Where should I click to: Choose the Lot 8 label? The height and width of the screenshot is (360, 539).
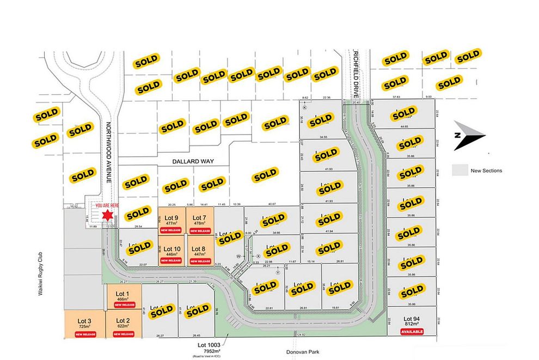[x=200, y=249]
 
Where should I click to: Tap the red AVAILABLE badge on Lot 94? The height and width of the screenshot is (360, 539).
[x=411, y=331]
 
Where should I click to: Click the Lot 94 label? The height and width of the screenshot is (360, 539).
[x=411, y=318]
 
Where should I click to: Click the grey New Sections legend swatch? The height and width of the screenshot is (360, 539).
[x=461, y=170]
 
